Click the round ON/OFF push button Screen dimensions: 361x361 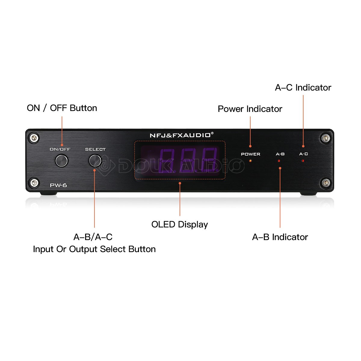(x=62, y=161)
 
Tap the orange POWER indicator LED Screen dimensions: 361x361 (x=250, y=161)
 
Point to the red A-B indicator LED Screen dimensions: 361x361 (x=279, y=161)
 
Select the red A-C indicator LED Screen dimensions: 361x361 (x=303, y=161)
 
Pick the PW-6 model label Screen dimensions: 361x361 (x=58, y=185)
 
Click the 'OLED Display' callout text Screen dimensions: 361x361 (x=180, y=224)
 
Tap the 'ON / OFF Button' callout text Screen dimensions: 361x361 (x=62, y=108)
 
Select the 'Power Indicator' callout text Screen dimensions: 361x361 (x=250, y=109)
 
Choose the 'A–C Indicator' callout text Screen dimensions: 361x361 (x=303, y=88)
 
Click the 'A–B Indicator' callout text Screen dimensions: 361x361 (x=280, y=237)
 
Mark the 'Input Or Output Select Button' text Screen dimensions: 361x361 (x=94, y=249)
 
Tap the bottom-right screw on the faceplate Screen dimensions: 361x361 (x=326, y=182)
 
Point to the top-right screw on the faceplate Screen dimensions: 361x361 (x=326, y=138)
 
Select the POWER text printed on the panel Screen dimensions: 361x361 (x=250, y=154)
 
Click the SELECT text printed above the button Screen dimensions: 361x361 (x=95, y=149)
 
